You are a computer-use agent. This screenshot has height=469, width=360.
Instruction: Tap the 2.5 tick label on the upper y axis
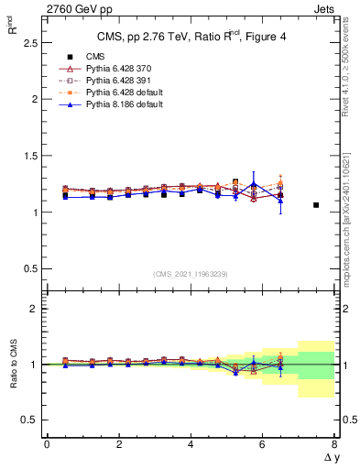point(27,42)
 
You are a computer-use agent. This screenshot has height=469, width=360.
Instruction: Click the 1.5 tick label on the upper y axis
point(27,156)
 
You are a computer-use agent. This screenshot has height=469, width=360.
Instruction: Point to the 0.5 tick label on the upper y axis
point(27,268)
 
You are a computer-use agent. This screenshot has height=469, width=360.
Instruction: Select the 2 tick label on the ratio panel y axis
point(31,309)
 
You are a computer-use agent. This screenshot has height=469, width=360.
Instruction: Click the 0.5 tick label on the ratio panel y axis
point(27,420)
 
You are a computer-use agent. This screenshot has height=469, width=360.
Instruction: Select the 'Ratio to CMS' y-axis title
point(12,365)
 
